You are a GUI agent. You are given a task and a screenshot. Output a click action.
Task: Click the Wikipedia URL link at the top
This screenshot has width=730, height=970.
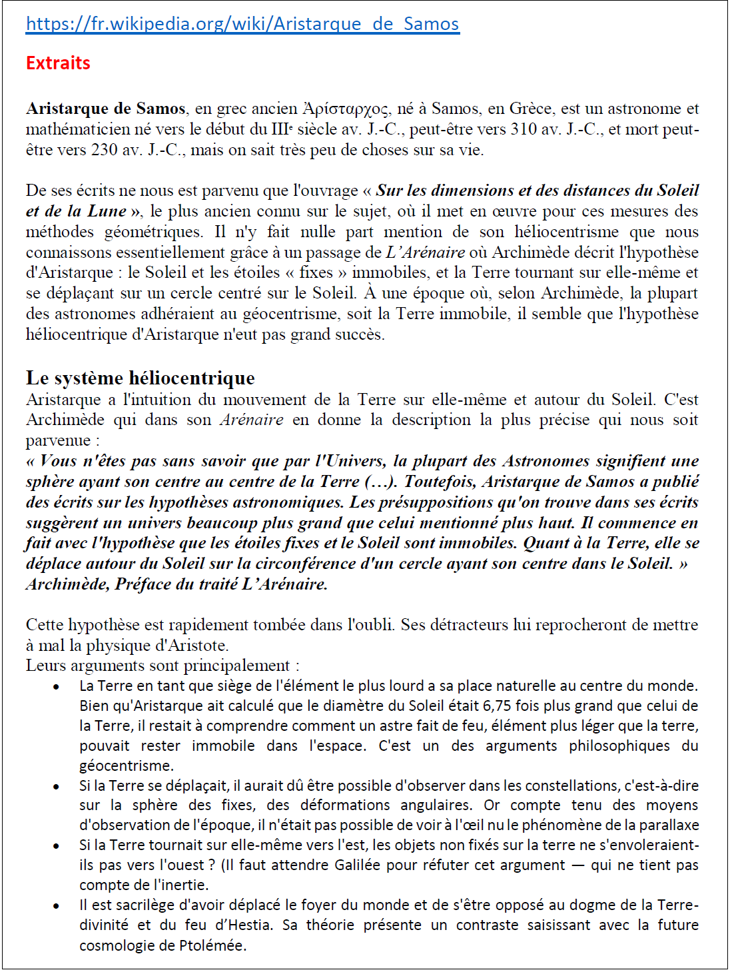coord(242,24)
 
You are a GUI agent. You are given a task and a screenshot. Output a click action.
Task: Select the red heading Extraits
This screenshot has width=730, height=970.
coord(58,63)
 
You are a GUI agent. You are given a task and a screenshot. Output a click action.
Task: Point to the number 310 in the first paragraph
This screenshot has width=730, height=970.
coord(525,129)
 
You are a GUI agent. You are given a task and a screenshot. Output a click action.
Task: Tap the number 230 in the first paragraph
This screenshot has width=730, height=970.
coord(104,150)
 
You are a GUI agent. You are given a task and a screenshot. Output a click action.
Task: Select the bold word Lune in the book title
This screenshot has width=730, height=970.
coord(107,211)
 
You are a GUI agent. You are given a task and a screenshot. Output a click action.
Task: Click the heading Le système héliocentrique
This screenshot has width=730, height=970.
coord(140,378)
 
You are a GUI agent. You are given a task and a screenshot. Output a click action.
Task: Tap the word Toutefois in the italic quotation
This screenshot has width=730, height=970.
coord(440,482)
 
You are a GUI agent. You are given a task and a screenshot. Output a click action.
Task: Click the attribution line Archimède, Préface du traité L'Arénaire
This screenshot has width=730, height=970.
coord(177,584)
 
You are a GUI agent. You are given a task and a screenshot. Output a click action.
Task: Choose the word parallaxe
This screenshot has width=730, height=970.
coord(668,825)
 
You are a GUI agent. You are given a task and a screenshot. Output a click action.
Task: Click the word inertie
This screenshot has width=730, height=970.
coord(186,885)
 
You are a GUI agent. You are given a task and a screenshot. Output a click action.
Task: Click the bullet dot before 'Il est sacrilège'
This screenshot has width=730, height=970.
coord(57,906)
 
